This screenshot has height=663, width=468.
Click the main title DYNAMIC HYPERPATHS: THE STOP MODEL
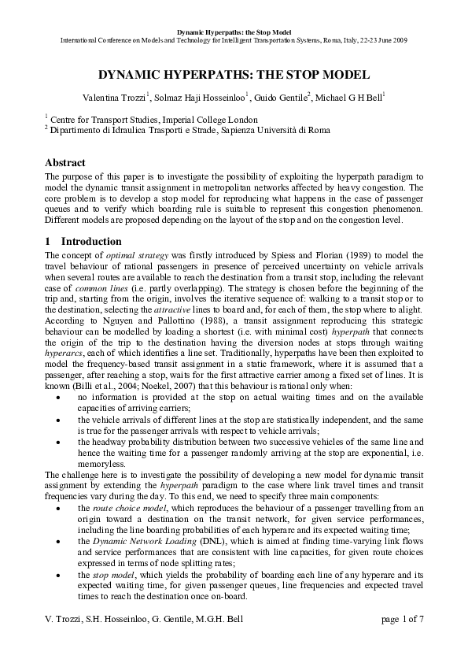tap(234, 76)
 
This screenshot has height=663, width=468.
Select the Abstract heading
tap(65, 162)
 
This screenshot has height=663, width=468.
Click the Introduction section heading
tap(91, 241)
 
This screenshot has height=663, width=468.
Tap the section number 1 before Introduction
tap(48, 241)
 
